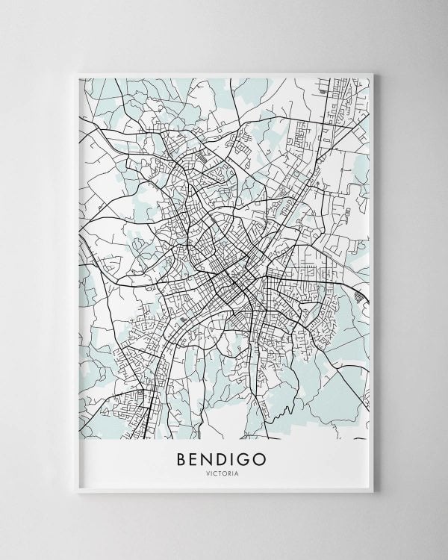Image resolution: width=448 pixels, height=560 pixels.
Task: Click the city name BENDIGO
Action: click(225, 458)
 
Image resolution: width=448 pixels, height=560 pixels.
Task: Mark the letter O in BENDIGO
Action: click(265, 458)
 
